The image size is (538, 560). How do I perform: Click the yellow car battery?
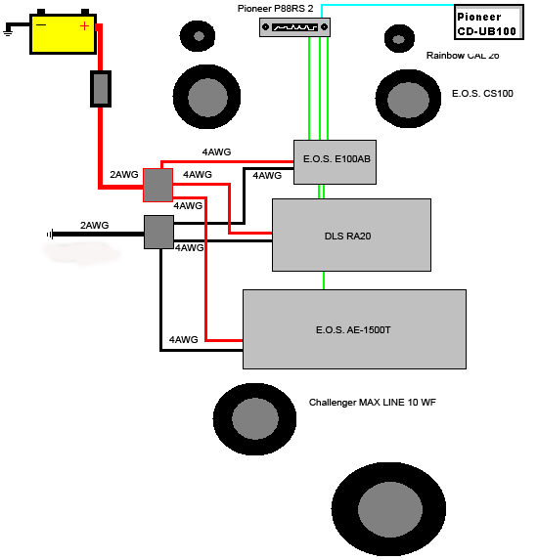[x=63, y=34]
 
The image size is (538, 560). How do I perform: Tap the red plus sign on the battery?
[x=84, y=26]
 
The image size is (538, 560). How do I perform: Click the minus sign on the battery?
[x=41, y=25]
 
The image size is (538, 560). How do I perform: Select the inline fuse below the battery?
[x=101, y=89]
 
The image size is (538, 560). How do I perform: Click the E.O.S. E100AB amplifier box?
[x=335, y=162]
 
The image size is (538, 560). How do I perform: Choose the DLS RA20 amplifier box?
[x=351, y=235]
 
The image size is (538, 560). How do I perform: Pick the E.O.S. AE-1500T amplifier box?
[x=354, y=329]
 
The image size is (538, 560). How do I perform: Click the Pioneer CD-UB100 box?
[x=489, y=22]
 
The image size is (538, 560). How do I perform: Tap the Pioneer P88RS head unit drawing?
[x=294, y=27]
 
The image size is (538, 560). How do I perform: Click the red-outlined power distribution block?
[x=158, y=185]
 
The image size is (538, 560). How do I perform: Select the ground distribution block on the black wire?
[x=159, y=232]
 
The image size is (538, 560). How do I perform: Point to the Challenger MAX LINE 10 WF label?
[x=372, y=403]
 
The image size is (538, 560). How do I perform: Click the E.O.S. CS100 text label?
[x=482, y=94]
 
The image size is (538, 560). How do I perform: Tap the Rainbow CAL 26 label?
[x=463, y=56]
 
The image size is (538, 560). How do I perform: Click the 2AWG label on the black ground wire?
[x=94, y=226]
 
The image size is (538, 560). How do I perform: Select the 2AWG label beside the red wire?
[x=123, y=174]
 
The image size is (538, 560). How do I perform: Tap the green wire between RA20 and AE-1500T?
[x=324, y=280]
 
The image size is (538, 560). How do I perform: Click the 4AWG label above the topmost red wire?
[x=216, y=151]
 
